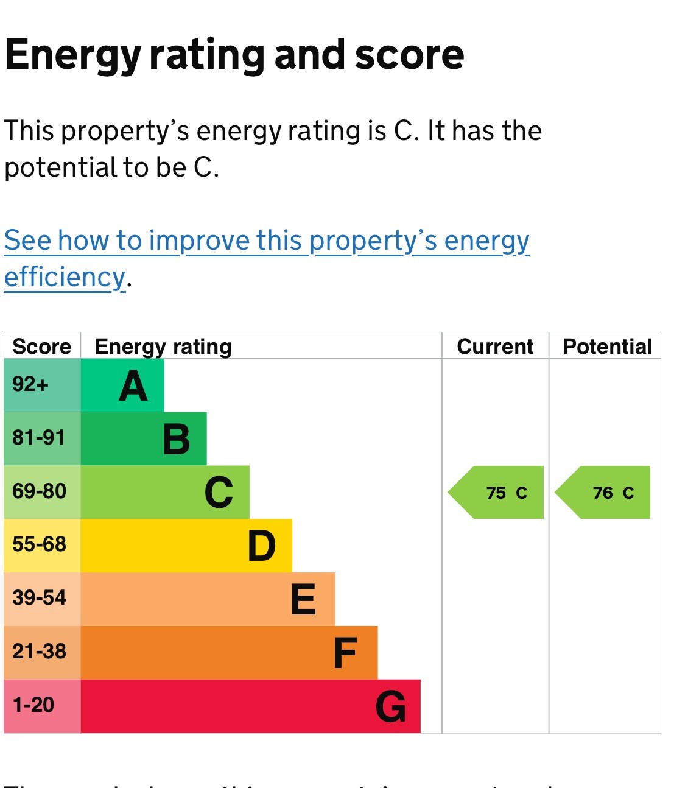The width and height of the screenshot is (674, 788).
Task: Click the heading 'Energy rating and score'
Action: coord(234,55)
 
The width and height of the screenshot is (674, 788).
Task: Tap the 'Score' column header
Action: coord(42,347)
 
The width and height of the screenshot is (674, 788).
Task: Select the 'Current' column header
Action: coord(495,347)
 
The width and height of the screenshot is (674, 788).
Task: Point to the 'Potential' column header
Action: coord(607,347)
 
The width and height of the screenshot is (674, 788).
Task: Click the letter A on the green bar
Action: coord(133,387)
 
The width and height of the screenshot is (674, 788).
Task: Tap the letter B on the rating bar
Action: coord(176,440)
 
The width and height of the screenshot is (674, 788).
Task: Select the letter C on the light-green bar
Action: coord(219,493)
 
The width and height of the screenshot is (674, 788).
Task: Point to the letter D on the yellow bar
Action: coord(261,546)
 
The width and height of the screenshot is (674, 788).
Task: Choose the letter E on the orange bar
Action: coord(303,600)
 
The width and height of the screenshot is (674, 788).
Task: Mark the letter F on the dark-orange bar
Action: coord(345,653)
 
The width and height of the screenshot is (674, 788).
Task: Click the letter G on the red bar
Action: coord(390,706)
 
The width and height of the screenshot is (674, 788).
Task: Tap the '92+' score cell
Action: coord(30,385)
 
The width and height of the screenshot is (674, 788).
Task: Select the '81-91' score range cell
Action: coord(38,438)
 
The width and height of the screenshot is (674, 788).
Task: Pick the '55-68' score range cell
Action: coord(39,544)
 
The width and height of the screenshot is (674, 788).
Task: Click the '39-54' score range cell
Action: coord(39,598)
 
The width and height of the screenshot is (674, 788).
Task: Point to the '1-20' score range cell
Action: coord(33,705)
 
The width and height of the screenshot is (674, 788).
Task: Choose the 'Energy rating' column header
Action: coord(163,347)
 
